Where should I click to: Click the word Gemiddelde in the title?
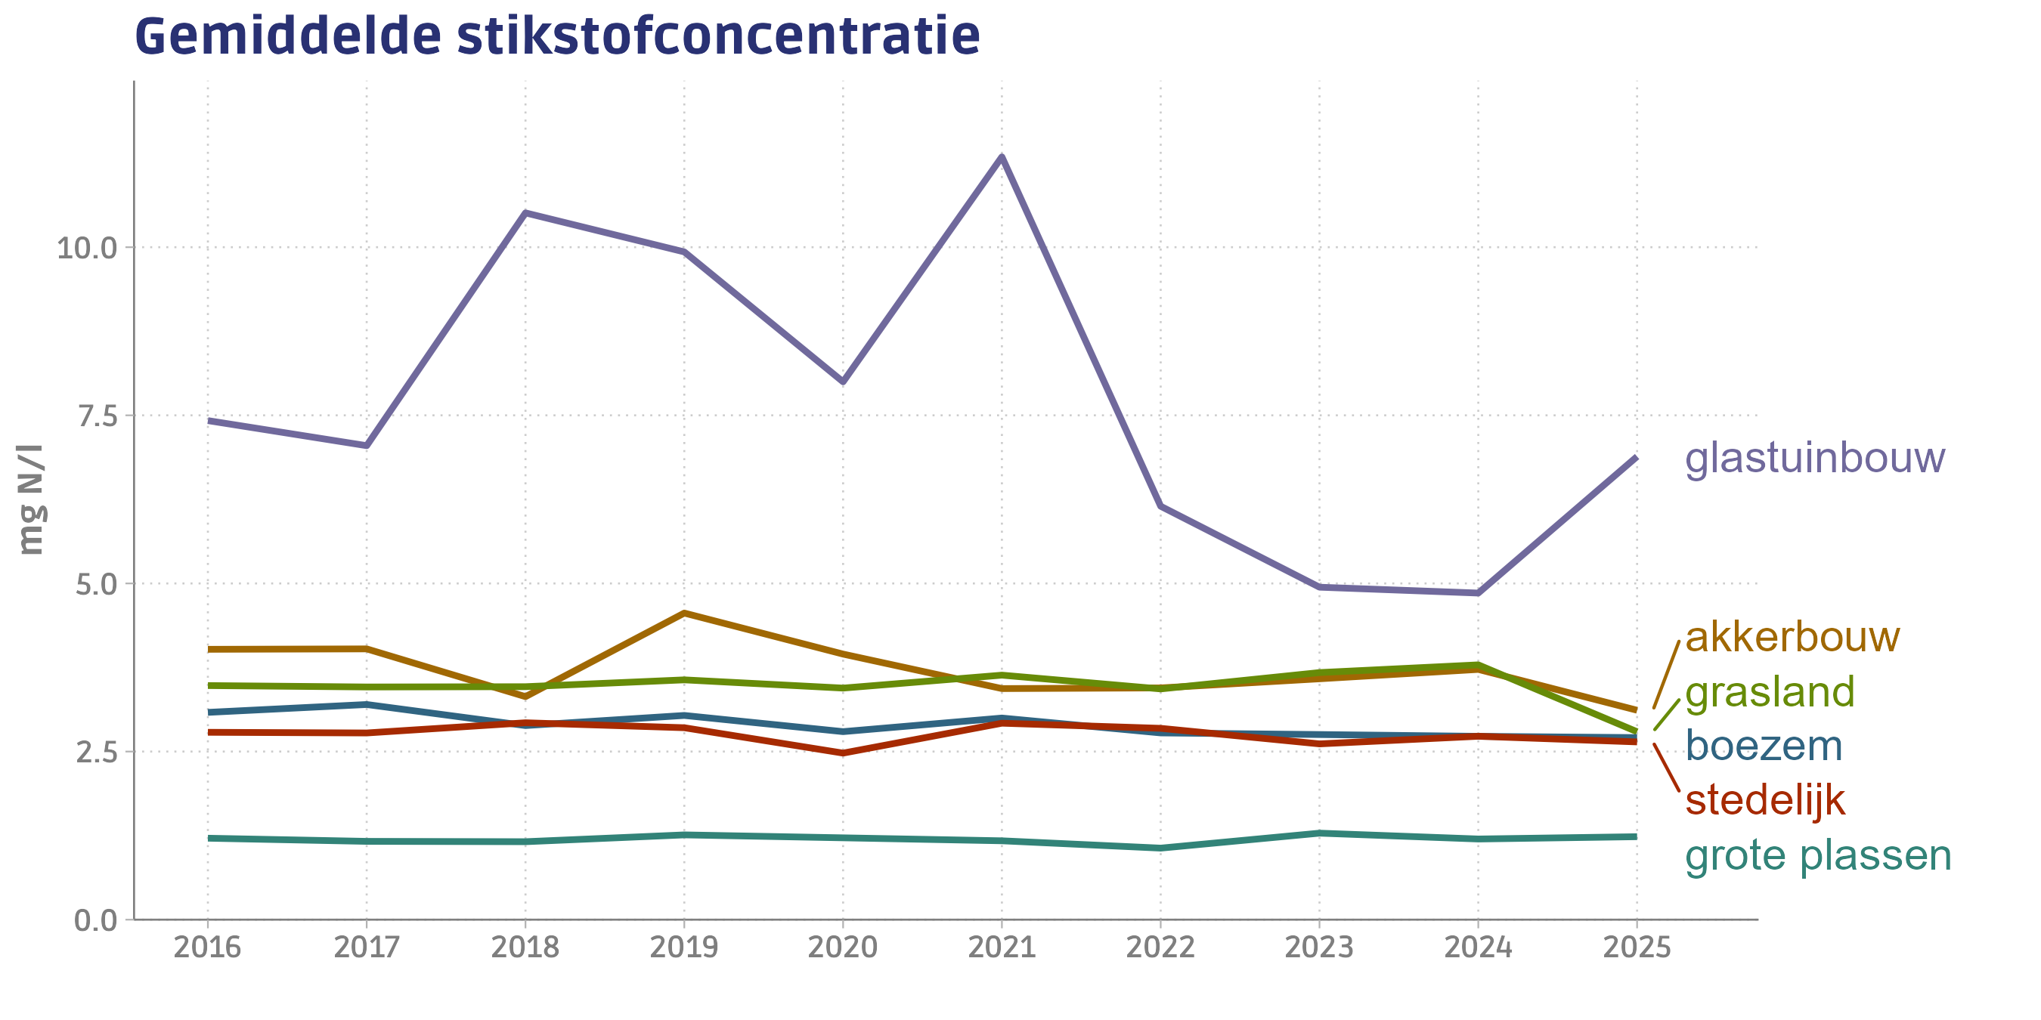pyautogui.click(x=286, y=36)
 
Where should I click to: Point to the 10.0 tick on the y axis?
pyautogui.click(x=85, y=249)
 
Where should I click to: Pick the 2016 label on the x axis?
pyautogui.click(x=207, y=947)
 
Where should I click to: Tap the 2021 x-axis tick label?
pyautogui.click(x=1002, y=947)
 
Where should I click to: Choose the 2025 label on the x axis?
pyautogui.click(x=1637, y=947)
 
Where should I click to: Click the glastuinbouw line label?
pyautogui.click(x=1814, y=458)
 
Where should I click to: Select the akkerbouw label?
pyautogui.click(x=1792, y=637)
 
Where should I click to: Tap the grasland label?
pyautogui.click(x=1770, y=691)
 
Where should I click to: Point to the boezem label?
pyautogui.click(x=1764, y=746)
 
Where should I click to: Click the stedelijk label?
pyautogui.click(x=1765, y=800)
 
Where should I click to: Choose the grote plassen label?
pyautogui.click(x=1817, y=855)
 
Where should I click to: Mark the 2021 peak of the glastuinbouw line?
pyautogui.click(x=1002, y=157)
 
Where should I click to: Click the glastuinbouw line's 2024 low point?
pyautogui.click(x=1478, y=592)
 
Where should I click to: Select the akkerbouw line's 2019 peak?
pyautogui.click(x=684, y=613)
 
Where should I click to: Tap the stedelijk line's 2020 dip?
pyautogui.click(x=843, y=753)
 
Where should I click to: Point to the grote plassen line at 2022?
pyautogui.click(x=1160, y=848)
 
